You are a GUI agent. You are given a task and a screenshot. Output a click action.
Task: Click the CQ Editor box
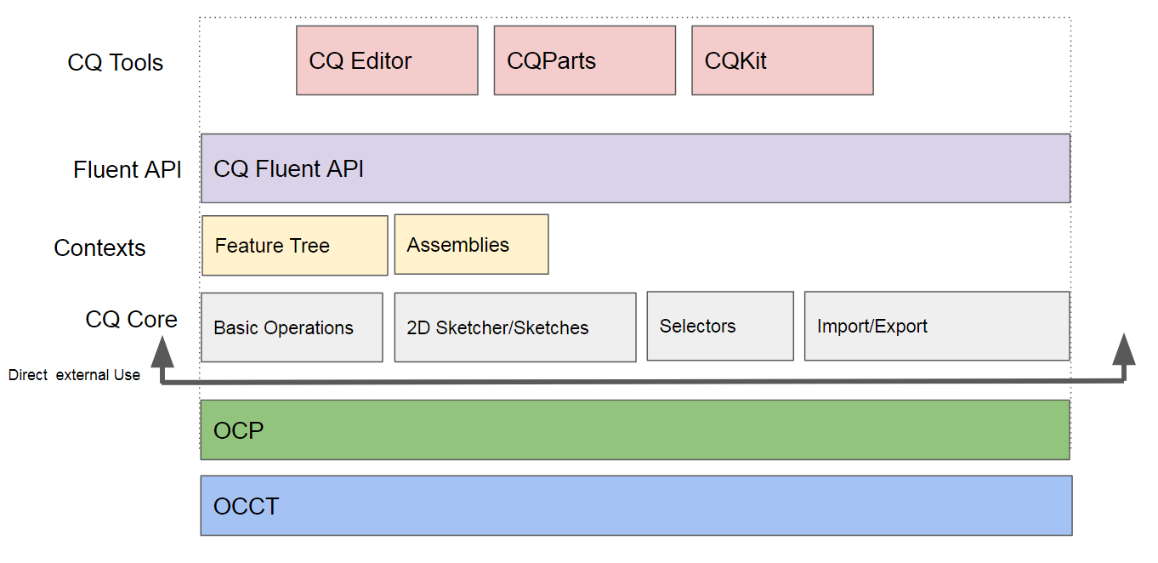click(x=387, y=60)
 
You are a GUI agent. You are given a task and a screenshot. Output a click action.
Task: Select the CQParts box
click(x=584, y=60)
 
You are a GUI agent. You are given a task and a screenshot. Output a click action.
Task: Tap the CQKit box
click(x=782, y=60)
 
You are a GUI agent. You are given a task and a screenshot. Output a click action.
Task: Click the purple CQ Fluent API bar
click(x=635, y=168)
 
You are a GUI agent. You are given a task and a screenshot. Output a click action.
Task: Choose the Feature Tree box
click(x=295, y=246)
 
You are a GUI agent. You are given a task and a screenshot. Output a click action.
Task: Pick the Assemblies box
click(x=471, y=245)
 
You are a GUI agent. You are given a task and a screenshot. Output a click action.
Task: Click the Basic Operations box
click(x=292, y=327)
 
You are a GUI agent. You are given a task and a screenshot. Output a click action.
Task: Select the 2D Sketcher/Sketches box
click(x=514, y=327)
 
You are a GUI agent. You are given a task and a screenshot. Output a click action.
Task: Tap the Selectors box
click(x=719, y=327)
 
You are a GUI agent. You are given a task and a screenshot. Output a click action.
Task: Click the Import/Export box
click(x=936, y=327)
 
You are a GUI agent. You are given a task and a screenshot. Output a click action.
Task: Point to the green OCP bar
click(x=635, y=430)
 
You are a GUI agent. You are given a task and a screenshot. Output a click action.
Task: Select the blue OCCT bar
click(x=636, y=506)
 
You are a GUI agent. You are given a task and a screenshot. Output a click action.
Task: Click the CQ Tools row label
click(x=116, y=63)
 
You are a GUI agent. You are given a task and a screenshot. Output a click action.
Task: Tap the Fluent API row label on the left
click(x=128, y=170)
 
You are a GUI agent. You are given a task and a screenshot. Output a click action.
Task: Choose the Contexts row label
click(x=99, y=248)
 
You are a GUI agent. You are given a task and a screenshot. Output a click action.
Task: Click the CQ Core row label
click(x=132, y=320)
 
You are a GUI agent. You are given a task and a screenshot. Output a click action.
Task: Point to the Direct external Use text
click(x=74, y=375)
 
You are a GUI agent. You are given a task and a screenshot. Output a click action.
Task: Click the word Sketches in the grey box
click(x=553, y=328)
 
